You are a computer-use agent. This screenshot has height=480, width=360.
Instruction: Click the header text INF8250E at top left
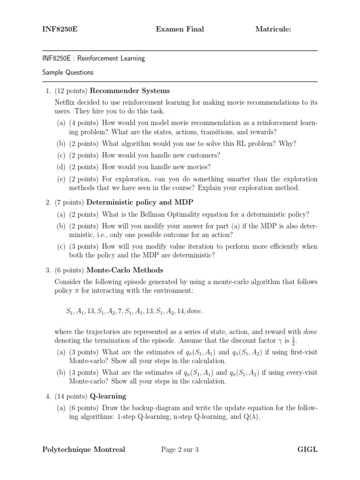coord(60,30)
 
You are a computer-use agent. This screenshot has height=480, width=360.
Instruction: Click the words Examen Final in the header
coord(180,30)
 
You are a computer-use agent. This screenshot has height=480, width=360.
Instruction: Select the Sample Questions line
coord(67,73)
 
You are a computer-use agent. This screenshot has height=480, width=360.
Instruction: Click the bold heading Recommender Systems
coord(130,91)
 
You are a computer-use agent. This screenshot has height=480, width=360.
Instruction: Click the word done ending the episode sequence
coord(195,311)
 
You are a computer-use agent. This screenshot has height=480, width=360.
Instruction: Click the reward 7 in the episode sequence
coord(120,311)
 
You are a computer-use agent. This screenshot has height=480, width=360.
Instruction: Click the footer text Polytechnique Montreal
coord(83,450)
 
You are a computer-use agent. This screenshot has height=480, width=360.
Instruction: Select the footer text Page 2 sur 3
coord(180,450)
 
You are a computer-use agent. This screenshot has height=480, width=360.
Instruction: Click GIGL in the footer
coord(307,450)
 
